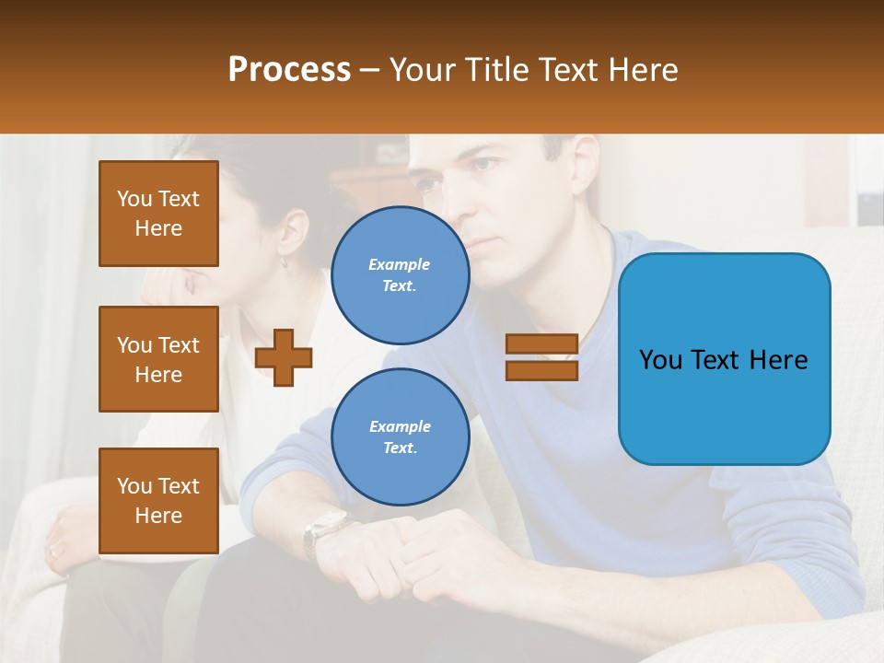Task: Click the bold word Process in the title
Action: pos(289,69)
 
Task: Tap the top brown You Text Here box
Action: pos(158,214)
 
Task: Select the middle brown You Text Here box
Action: pos(158,359)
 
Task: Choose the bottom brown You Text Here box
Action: pos(158,501)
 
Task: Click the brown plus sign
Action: pos(284,357)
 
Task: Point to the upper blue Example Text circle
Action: pos(400,274)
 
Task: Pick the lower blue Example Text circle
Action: pos(400,436)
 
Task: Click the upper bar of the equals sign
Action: pos(541,344)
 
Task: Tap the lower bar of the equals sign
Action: pos(541,370)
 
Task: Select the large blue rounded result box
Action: pos(724,359)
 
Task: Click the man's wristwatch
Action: pos(324,529)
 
